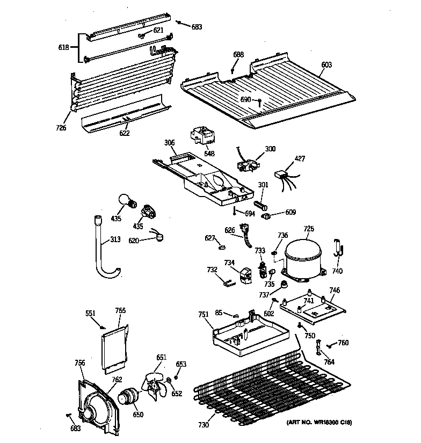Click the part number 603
[326, 65]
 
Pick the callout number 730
[204, 425]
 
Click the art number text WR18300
[324, 423]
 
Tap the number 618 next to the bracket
[63, 47]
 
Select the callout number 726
[61, 128]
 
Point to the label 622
[125, 133]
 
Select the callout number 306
[170, 142]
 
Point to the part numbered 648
[202, 137]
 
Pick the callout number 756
[79, 364]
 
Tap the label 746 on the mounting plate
[335, 290]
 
